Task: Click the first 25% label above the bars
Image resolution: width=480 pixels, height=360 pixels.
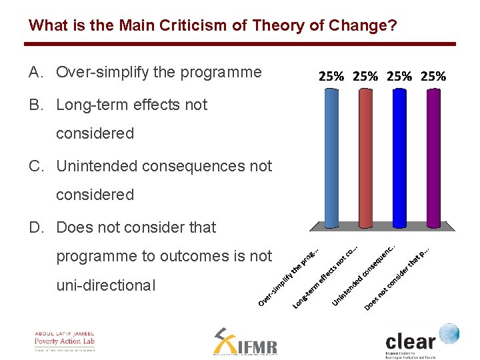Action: (331, 76)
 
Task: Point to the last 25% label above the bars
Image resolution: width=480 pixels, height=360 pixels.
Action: (433, 76)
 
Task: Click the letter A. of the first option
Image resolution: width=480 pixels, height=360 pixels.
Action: (37, 72)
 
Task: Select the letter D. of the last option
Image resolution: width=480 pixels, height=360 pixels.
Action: (37, 227)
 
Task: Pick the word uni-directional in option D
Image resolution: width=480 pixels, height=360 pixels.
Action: (105, 285)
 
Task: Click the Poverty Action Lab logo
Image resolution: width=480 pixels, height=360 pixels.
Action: (65, 341)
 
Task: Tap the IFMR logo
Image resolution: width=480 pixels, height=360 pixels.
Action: (245, 343)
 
